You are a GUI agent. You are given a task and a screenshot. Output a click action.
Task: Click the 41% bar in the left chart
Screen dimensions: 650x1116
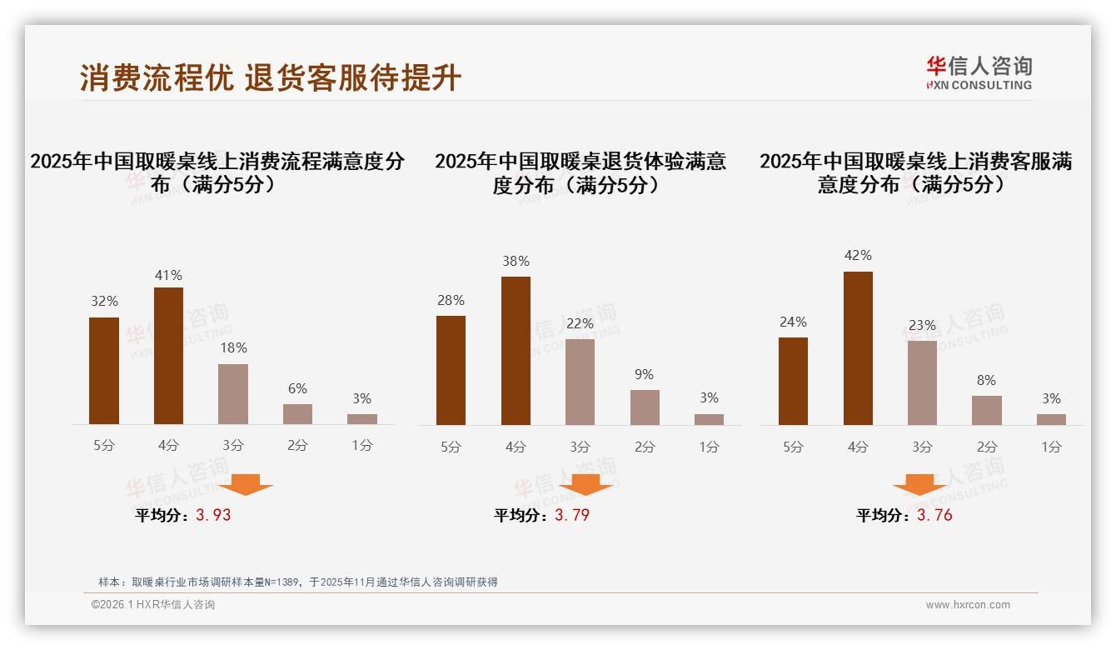168,356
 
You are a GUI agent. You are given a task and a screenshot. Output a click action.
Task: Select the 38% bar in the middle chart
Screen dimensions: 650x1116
516,351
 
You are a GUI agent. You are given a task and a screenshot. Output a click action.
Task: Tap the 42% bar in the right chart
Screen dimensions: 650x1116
858,348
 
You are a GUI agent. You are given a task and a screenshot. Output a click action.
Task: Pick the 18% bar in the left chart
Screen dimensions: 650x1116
233,394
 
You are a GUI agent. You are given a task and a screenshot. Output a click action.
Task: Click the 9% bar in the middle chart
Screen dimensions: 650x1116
645,407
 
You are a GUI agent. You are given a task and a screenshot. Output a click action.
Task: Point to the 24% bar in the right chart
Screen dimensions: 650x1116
793,381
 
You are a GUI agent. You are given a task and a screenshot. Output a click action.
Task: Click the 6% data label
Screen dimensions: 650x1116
297,388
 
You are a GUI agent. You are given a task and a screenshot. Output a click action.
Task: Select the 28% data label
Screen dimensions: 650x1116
451,300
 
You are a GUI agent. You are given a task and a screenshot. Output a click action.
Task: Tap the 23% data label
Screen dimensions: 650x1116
922,325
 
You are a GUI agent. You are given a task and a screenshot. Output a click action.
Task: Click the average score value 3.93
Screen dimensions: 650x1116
213,515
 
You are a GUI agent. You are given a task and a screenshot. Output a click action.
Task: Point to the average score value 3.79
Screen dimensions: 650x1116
572,515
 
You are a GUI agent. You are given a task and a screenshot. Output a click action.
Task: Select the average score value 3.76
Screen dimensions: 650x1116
934,515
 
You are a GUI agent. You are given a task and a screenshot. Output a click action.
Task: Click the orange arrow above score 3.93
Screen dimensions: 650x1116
246,484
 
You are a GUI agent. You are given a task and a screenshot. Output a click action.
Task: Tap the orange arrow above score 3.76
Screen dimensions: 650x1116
919,484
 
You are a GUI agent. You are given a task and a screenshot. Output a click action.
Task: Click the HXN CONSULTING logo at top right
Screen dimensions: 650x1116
979,73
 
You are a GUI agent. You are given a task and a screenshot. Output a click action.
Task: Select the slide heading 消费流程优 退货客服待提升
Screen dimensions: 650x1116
271,77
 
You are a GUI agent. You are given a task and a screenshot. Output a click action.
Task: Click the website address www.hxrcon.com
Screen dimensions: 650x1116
968,605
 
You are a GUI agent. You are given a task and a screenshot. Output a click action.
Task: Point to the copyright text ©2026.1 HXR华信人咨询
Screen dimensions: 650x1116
153,605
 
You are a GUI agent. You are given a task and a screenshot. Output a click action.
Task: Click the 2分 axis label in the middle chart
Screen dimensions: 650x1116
645,447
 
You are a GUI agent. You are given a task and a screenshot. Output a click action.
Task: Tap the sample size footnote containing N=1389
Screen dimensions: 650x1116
298,582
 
